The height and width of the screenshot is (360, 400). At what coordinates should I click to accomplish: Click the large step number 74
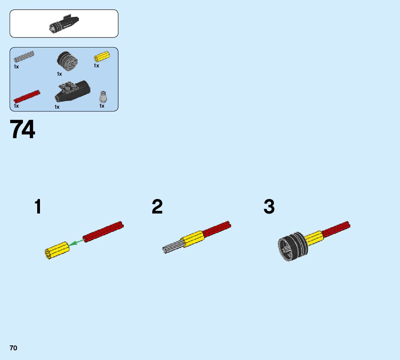coord(23,130)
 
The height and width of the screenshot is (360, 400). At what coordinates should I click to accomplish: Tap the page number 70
coord(13,348)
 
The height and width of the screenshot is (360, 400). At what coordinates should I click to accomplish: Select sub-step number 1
coord(38,207)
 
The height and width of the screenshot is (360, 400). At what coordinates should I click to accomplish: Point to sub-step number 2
coord(157,207)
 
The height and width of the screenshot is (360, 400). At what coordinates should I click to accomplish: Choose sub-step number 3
coord(269,207)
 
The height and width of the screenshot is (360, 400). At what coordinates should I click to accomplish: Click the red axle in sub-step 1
coord(104,232)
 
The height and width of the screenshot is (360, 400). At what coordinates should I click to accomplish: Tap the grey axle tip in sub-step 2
coord(171,247)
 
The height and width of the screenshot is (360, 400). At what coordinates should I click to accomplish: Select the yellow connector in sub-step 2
coord(193,238)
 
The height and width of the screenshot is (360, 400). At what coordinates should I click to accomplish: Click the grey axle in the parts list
coord(24,57)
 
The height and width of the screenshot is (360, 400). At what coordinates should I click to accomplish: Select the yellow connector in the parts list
coord(102,57)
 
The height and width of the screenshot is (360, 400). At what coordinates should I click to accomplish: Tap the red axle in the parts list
coord(27,97)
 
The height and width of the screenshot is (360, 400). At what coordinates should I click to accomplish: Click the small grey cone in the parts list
coord(103,97)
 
